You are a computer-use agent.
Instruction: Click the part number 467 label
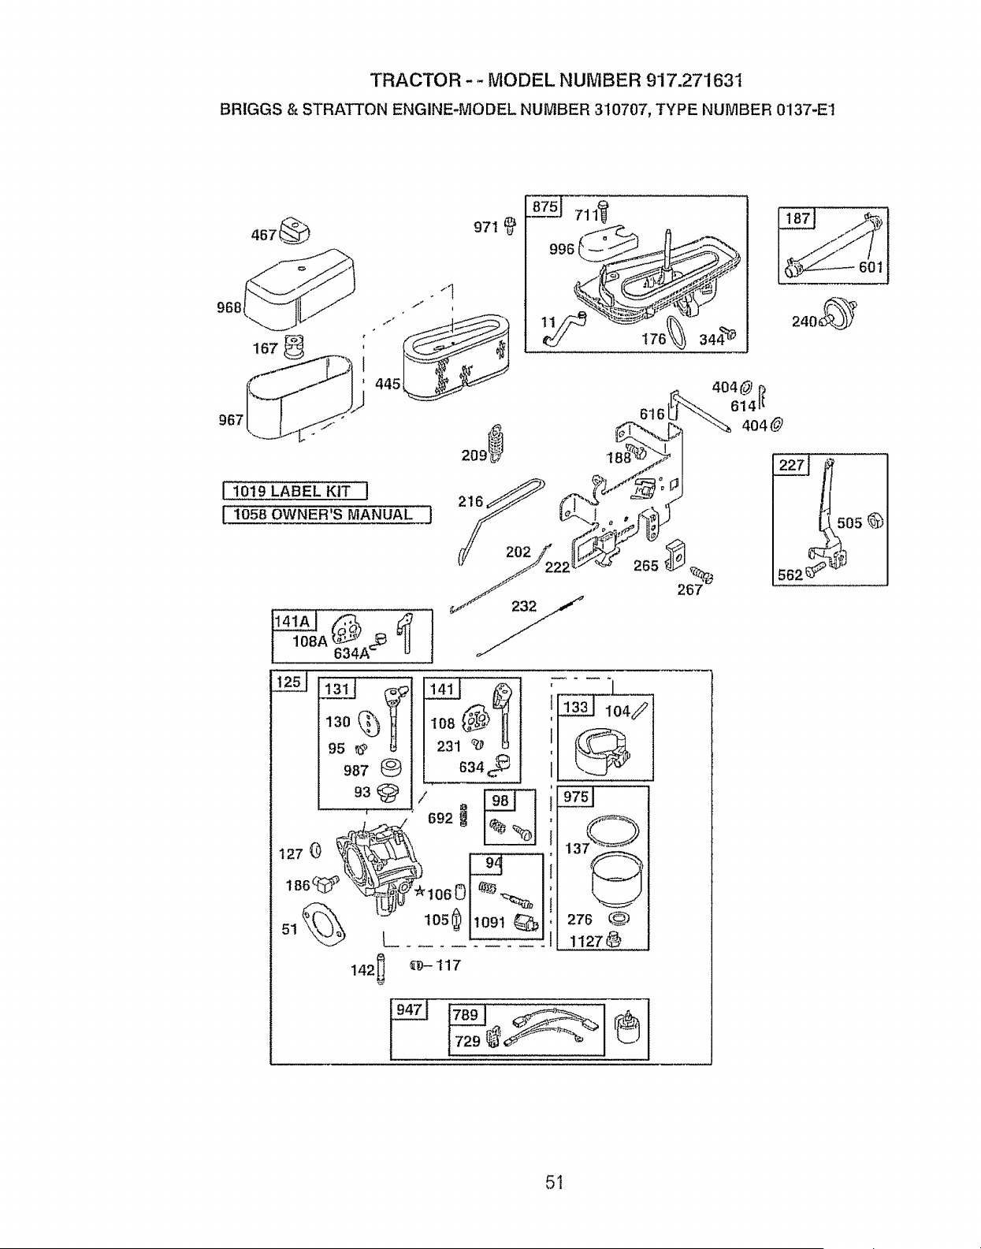point(265,235)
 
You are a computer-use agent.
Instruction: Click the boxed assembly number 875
point(544,206)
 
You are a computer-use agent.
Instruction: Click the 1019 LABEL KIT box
point(295,492)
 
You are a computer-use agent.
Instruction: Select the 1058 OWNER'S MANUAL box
point(326,515)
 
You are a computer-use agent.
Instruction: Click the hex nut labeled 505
point(875,521)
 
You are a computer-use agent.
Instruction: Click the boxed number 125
point(288,682)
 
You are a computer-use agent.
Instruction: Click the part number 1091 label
point(489,923)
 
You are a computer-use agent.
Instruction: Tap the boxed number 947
point(409,1010)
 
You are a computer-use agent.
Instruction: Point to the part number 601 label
point(871,267)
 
